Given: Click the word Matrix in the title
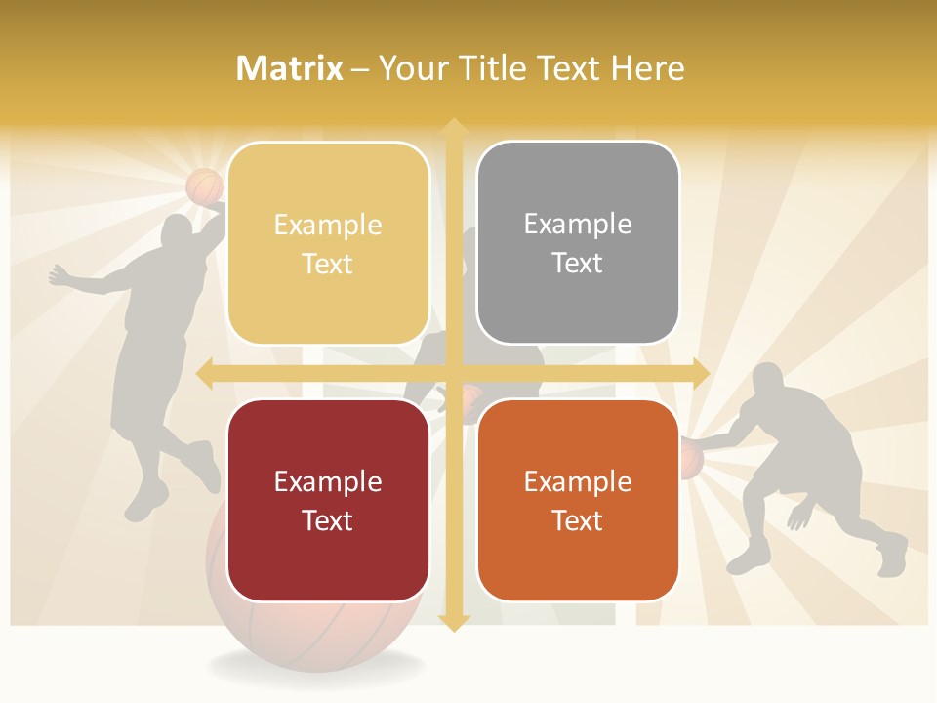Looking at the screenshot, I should tap(290, 68).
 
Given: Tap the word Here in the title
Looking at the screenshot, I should tap(648, 68).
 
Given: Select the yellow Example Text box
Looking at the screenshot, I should tap(328, 243).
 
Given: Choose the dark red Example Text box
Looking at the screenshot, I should tap(328, 500).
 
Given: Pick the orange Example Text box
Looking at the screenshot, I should tap(578, 500).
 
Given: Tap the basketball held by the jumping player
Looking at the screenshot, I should tap(205, 186).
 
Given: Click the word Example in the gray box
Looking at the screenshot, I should tap(578, 225).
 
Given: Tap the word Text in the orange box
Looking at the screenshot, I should tap(578, 520).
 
